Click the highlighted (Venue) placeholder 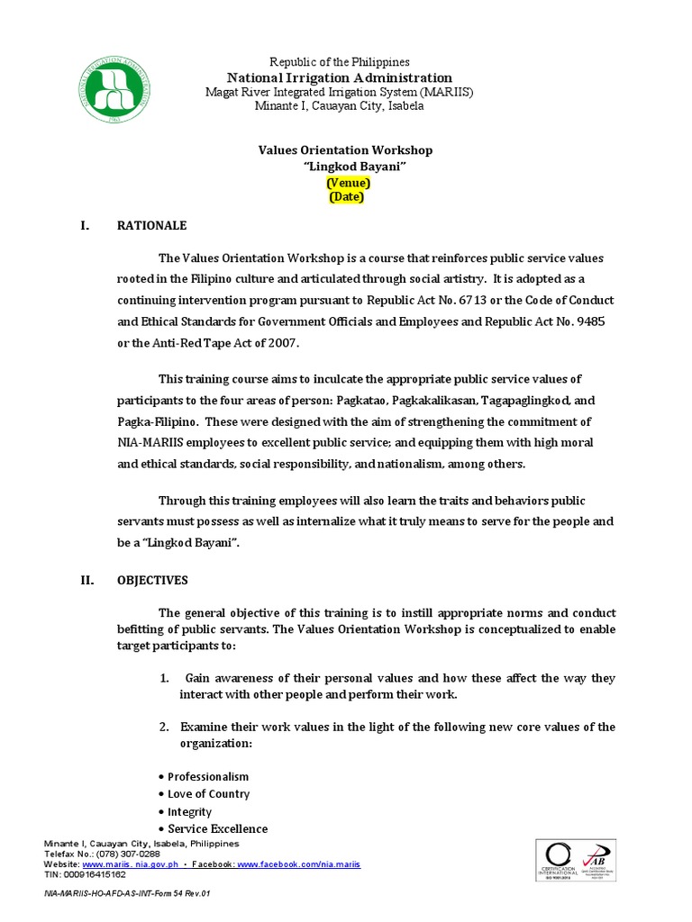click(x=348, y=183)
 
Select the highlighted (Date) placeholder click(x=347, y=197)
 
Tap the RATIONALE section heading click(x=152, y=226)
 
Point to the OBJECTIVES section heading click(x=152, y=581)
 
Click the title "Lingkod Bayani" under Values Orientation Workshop click(x=346, y=167)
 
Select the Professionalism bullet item click(x=207, y=776)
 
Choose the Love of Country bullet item click(x=208, y=794)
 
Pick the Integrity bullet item click(x=189, y=811)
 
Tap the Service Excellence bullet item click(x=217, y=828)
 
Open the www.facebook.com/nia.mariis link click(x=299, y=863)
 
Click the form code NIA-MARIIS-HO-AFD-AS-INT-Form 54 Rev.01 click(x=127, y=895)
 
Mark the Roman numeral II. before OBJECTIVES click(x=87, y=581)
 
